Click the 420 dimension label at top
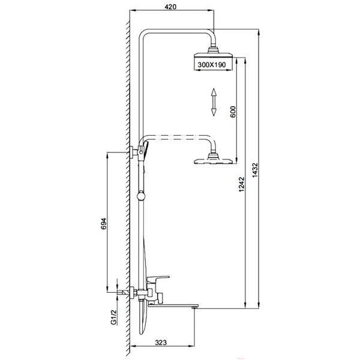pyautogui.click(x=170, y=7)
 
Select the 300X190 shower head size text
pyautogui.click(x=212, y=65)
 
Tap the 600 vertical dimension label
pyautogui.click(x=233, y=112)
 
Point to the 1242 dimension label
pyautogui.click(x=242, y=184)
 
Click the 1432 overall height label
pyautogui.click(x=255, y=170)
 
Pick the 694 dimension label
pyautogui.click(x=104, y=224)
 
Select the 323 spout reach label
pyautogui.click(x=161, y=343)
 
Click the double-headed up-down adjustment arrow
pyautogui.click(x=214, y=102)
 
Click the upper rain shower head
pyautogui.click(x=214, y=55)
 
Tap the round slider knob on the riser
pyautogui.click(x=141, y=196)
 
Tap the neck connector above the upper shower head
pyautogui.click(x=214, y=49)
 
